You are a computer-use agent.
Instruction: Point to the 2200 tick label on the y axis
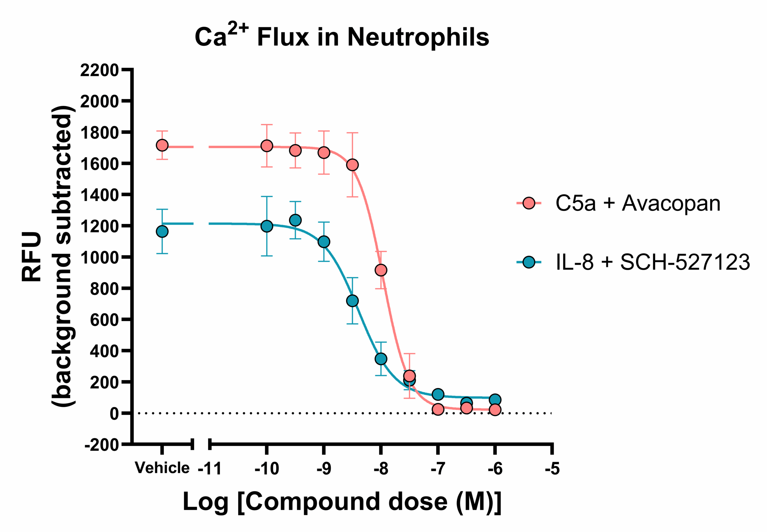99,70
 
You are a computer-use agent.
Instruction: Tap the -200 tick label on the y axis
102,445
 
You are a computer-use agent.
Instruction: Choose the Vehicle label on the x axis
162,468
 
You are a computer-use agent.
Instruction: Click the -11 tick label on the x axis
209,469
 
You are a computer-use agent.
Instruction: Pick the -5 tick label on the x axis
552,469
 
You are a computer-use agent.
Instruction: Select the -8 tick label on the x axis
381,469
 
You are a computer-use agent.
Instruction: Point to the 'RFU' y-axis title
32,257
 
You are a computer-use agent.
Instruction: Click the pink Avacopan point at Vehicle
162,145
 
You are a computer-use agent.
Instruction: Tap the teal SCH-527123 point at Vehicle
162,231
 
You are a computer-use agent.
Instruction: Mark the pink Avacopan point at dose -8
381,270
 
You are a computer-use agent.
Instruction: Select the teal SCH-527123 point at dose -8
381,359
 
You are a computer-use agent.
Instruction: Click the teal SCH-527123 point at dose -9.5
295,220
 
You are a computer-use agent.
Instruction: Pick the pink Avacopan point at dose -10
267,146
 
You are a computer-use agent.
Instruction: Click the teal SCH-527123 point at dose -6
495,400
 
